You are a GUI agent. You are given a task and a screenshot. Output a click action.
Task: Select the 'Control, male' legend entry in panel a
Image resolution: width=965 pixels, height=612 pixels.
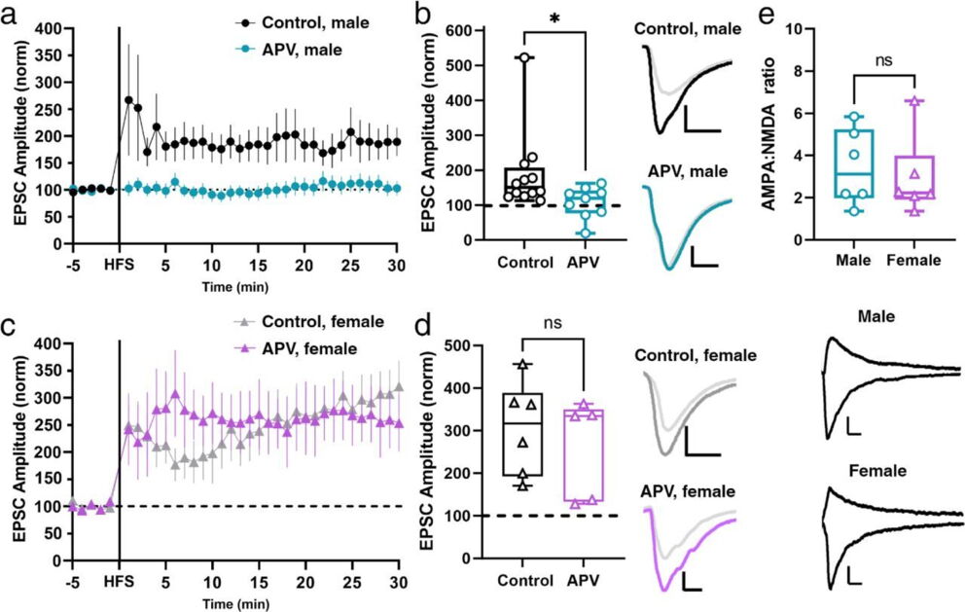(303, 23)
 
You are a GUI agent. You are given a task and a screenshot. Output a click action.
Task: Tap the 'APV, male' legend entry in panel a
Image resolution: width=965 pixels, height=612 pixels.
(289, 50)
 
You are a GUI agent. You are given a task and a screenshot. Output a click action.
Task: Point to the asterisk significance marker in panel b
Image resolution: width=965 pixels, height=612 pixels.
(554, 19)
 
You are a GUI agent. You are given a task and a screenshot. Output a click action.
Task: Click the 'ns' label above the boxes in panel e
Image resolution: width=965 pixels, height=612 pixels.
(883, 61)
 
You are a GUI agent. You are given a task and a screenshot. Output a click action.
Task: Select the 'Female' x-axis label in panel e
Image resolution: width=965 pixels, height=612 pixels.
(913, 261)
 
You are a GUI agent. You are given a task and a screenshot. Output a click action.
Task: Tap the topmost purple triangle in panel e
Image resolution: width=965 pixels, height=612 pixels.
(914, 101)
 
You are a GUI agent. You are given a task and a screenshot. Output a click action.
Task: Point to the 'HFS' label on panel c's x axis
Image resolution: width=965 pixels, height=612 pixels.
(120, 582)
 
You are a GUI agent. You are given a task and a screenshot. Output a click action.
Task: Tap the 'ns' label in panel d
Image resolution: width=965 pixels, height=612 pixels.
(554, 322)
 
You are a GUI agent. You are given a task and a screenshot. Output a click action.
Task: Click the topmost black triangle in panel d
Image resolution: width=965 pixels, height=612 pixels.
(522, 365)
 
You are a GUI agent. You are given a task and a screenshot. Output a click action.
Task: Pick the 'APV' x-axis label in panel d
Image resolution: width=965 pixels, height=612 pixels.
(584, 581)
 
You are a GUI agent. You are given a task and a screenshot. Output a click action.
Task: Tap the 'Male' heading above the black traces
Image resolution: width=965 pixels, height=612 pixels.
(877, 318)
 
